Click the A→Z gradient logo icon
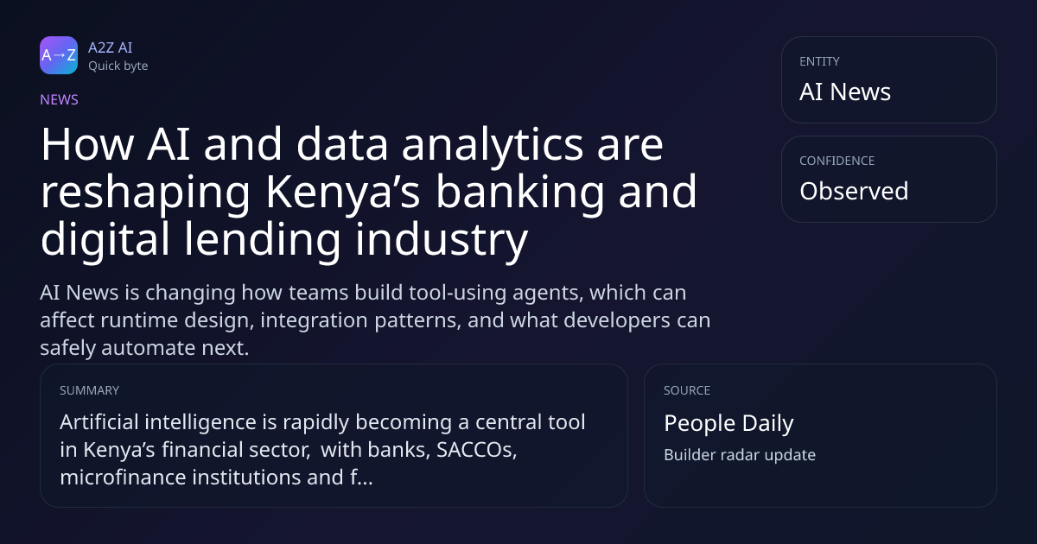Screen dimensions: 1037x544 pyautogui.click(x=59, y=55)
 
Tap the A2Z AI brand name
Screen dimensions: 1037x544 pyautogui.click(x=111, y=47)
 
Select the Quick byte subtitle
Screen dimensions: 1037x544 pyautogui.click(x=118, y=66)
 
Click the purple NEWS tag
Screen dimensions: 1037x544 pyautogui.click(x=60, y=100)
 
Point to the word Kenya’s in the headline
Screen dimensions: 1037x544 pyautogui.click(x=343, y=193)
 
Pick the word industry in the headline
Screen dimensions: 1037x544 pyautogui.click(x=442, y=241)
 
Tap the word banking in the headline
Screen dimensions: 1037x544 pyautogui.click(x=520, y=193)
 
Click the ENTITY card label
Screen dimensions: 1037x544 pyautogui.click(x=819, y=61)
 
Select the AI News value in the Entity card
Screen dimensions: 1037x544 pyautogui.click(x=845, y=92)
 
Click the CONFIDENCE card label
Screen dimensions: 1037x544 pyautogui.click(x=837, y=161)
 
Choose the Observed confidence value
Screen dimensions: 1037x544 pyautogui.click(x=854, y=191)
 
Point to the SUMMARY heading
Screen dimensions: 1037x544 pyautogui.click(x=89, y=390)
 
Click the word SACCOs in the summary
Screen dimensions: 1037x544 pyautogui.click(x=477, y=450)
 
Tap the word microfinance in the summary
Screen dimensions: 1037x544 pyautogui.click(x=123, y=477)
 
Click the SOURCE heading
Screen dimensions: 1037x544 pyautogui.click(x=687, y=390)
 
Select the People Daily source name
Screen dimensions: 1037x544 pyautogui.click(x=728, y=423)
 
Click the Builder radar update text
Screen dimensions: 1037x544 pyautogui.click(x=740, y=455)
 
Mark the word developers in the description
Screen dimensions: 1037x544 pyautogui.click(x=617, y=320)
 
